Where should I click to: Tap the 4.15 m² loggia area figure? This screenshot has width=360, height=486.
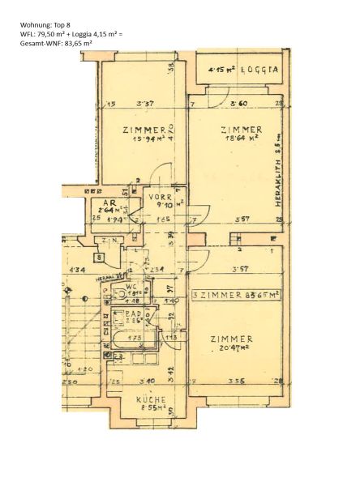221,70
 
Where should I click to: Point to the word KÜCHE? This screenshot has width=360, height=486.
151,399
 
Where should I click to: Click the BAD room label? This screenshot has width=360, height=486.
133,315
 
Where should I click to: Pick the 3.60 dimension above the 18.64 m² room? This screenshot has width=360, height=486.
238,104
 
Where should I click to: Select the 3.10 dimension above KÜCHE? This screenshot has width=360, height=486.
147,381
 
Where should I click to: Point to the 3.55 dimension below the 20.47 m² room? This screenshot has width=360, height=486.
235,381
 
